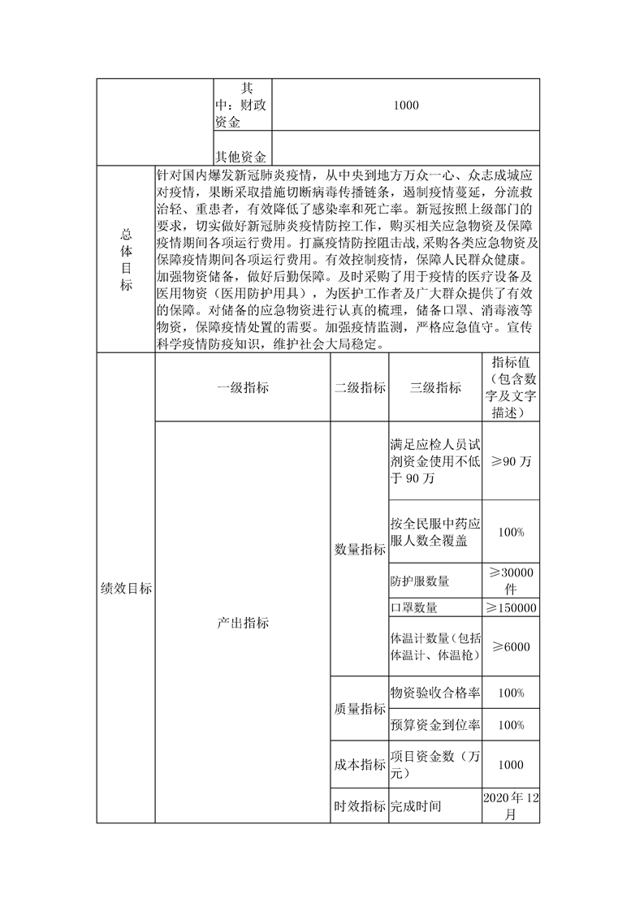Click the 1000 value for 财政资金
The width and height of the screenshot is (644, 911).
click(405, 105)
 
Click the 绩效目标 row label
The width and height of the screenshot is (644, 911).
click(125, 589)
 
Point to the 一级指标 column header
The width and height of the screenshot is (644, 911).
click(242, 388)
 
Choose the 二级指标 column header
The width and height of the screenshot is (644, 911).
click(360, 388)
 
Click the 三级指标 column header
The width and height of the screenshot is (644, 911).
click(435, 388)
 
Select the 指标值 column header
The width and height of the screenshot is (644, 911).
click(511, 387)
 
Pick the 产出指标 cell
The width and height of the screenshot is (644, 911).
click(242, 623)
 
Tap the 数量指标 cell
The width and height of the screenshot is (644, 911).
click(360, 550)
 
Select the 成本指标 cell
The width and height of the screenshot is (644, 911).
click(360, 765)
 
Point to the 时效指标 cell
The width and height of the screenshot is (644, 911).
click(360, 806)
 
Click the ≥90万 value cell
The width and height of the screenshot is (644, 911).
click(511, 461)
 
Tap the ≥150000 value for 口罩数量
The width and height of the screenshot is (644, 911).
click(511, 608)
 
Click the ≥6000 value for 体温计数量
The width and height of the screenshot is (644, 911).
click(511, 647)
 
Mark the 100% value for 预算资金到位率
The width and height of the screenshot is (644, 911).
click(511, 724)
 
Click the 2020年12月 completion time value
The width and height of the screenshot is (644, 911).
click(511, 806)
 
